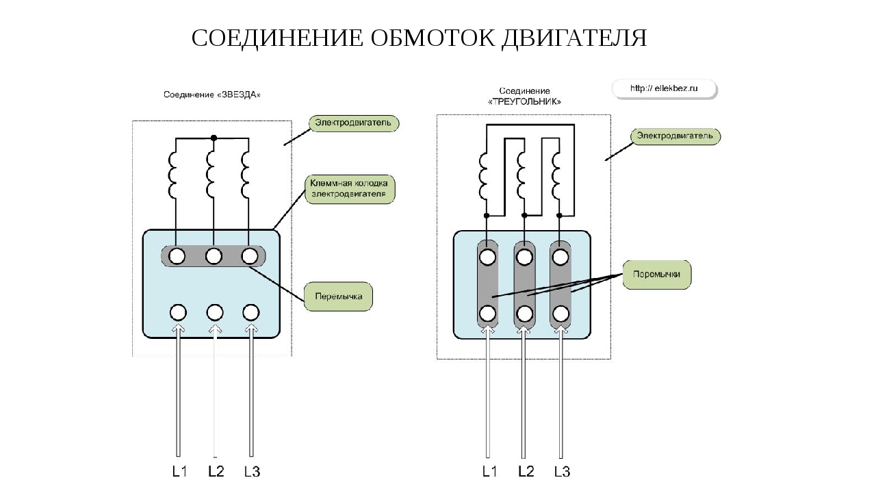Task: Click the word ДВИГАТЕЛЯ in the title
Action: point(574,38)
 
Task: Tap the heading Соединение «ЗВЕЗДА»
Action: point(212,94)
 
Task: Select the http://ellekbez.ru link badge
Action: point(663,88)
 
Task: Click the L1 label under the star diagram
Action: point(179,472)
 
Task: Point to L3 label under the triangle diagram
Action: point(562,472)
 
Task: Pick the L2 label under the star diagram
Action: point(216,472)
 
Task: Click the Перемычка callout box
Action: point(338,297)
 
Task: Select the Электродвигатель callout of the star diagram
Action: point(353,123)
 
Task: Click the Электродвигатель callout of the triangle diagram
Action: point(675,136)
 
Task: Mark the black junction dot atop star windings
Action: point(214,138)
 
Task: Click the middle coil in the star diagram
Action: point(212,175)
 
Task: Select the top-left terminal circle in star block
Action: point(177,256)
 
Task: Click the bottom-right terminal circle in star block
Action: point(251,313)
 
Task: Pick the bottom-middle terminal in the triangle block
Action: point(525,314)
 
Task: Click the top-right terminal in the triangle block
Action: point(561,257)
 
